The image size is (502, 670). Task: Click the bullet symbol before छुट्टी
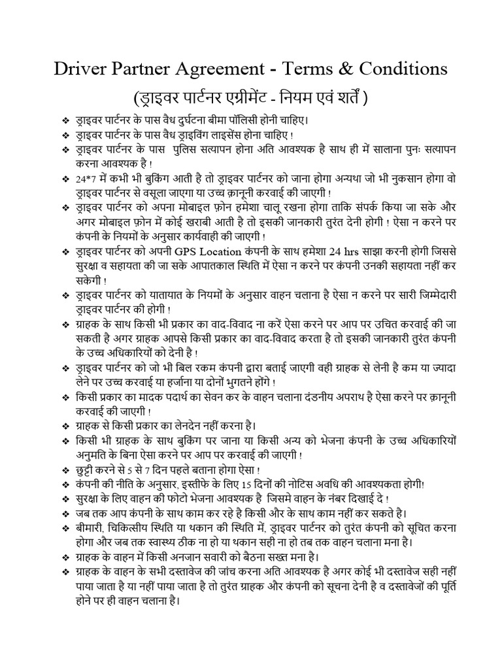click(x=65, y=470)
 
